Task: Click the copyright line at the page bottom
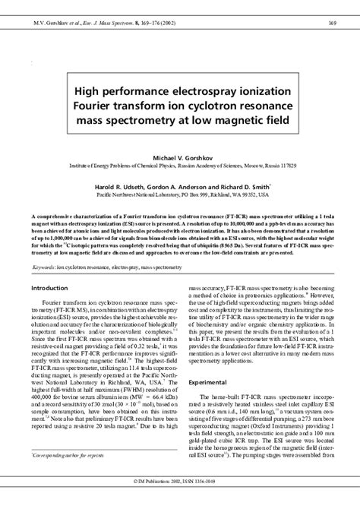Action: click(180, 502)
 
